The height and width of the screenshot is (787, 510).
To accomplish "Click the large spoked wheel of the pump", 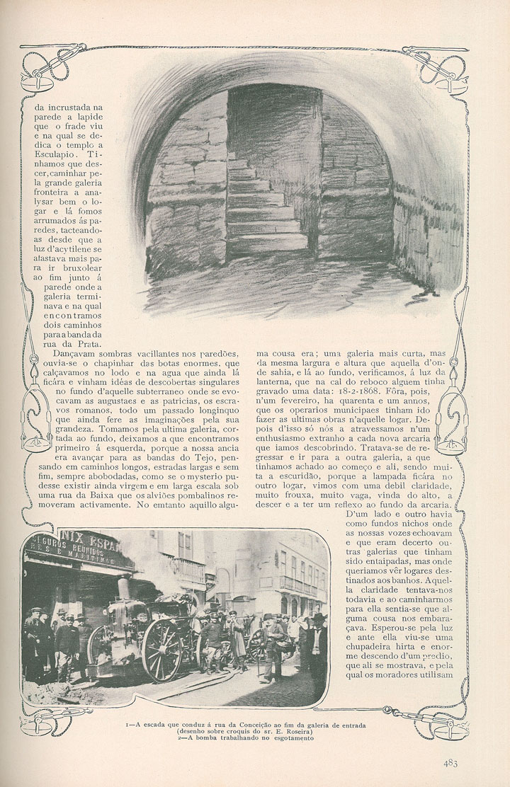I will (x=161, y=650).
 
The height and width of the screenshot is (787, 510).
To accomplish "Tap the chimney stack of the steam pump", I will (x=123, y=588).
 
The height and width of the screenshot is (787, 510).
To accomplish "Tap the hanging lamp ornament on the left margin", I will (x=33, y=421).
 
